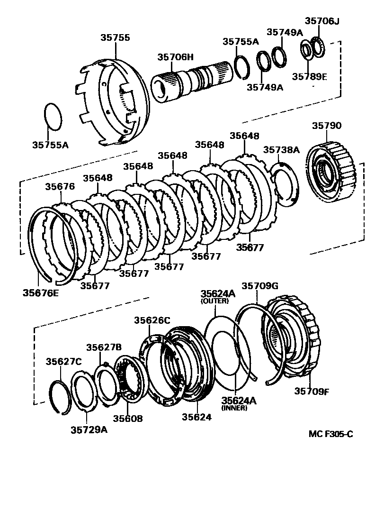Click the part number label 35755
115,38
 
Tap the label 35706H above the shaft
176,57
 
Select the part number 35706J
322,21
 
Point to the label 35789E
309,77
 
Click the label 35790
326,126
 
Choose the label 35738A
281,150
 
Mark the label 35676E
41,292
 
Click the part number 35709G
260,286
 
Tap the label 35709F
312,391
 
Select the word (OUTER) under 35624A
217,301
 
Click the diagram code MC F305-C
330,434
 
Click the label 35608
127,419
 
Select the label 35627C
63,362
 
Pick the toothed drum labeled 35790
331,171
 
